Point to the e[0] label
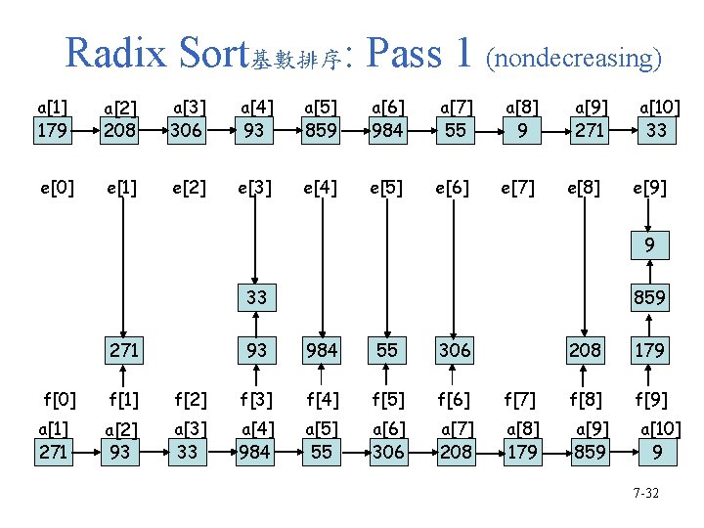(52, 187)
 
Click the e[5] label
(387, 187)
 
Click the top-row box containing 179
(52, 129)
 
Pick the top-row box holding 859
(321, 129)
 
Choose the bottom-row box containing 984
(254, 452)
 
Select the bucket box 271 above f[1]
(123, 349)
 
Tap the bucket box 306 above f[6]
(454, 349)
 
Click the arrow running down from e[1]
(123, 264)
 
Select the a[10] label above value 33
(659, 107)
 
